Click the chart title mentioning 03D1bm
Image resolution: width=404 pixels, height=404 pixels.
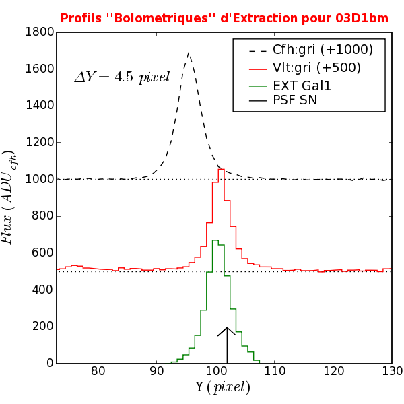click(224, 18)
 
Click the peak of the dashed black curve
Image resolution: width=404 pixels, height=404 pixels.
click(189, 53)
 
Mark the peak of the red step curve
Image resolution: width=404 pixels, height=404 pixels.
click(221, 170)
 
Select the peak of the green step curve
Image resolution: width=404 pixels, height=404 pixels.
click(215, 240)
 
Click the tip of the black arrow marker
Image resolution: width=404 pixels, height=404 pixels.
click(227, 327)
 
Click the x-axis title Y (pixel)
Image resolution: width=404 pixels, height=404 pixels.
click(223, 387)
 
